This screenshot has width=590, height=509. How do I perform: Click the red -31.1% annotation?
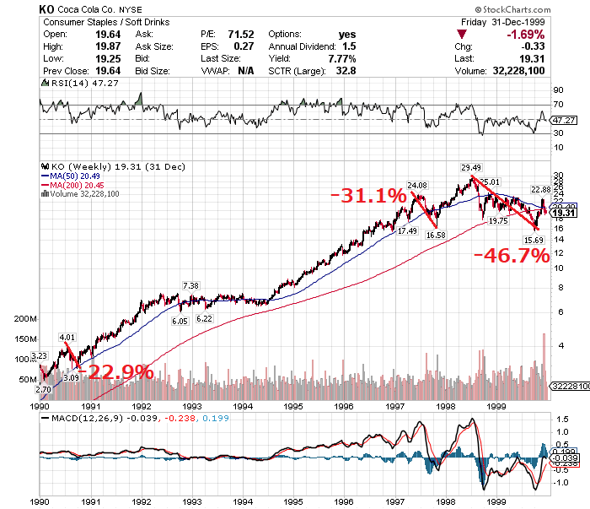click(368, 196)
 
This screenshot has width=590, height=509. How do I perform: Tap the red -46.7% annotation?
click(512, 255)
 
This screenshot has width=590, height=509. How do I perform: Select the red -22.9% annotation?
click(115, 371)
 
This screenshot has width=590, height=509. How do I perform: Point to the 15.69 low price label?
click(534, 240)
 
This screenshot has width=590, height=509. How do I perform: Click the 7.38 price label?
click(190, 285)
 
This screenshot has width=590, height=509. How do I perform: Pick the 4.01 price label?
click(67, 338)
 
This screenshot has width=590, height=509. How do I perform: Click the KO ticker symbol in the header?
click(46, 8)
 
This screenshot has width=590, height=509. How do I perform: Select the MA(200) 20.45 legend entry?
click(83, 185)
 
